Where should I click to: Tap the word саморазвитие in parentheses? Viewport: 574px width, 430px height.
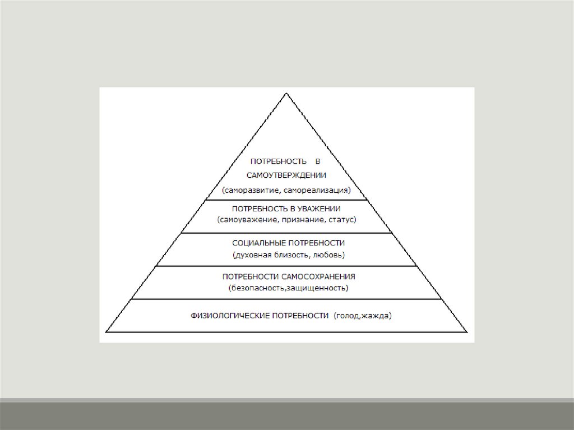pyautogui.click(x=249, y=190)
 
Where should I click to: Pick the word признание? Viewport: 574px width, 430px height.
pyautogui.click(x=299, y=219)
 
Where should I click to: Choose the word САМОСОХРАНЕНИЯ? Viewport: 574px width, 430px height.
pyautogui.click(x=320, y=277)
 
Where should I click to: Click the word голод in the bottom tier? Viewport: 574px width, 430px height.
pyautogui.click(x=346, y=316)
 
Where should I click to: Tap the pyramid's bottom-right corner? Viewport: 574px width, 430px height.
pyautogui.click(x=467, y=332)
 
